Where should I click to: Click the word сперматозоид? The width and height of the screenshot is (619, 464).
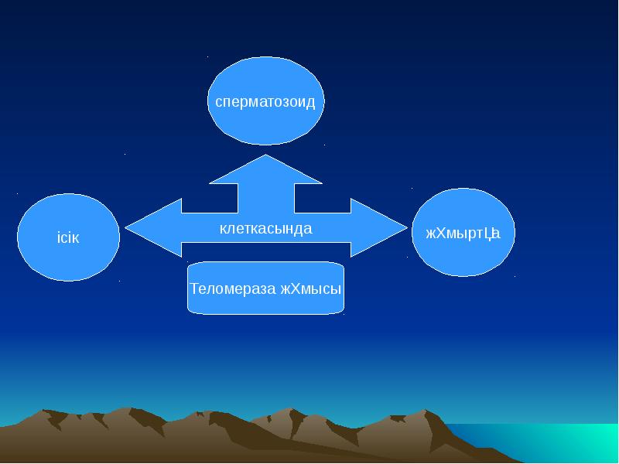[x=265, y=102]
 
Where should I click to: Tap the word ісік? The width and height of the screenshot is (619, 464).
[x=68, y=237]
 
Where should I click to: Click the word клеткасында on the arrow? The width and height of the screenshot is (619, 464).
[x=265, y=229]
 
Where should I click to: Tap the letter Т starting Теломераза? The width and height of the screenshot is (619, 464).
[x=194, y=288]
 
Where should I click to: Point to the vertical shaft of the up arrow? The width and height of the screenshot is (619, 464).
[x=265, y=198]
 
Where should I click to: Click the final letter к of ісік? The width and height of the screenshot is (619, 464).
[x=76, y=237]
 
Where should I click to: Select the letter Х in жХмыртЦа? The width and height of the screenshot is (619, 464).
[x=442, y=233]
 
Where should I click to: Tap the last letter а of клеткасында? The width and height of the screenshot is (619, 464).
[x=308, y=229]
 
